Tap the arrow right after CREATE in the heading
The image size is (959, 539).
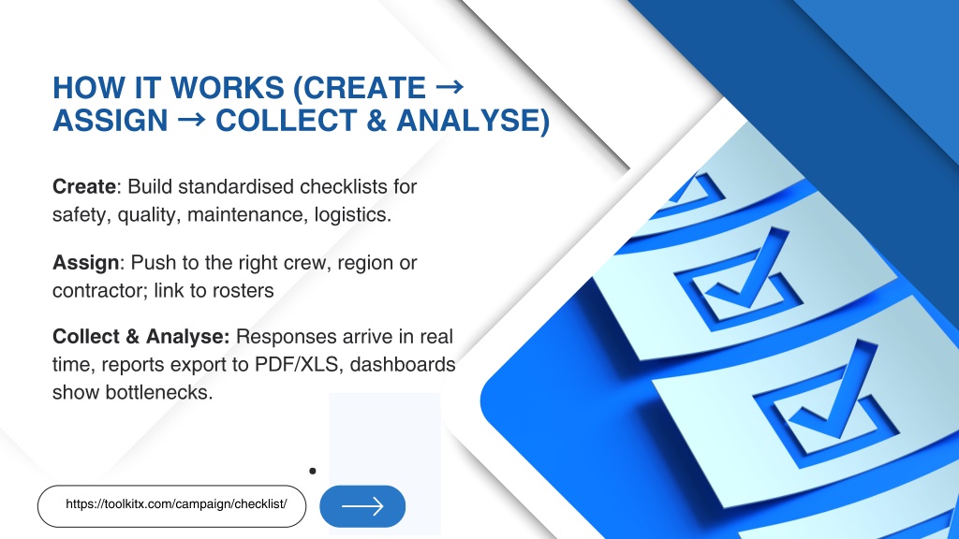tap(450, 87)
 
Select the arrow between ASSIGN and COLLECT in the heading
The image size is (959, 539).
tap(191, 120)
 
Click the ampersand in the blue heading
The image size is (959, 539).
tap(376, 121)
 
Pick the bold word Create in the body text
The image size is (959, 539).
tap(83, 186)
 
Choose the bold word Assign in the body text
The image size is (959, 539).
tap(85, 263)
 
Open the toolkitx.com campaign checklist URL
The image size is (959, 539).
tap(176, 504)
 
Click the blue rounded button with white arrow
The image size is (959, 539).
tap(362, 506)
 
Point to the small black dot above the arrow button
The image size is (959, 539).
tap(313, 471)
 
